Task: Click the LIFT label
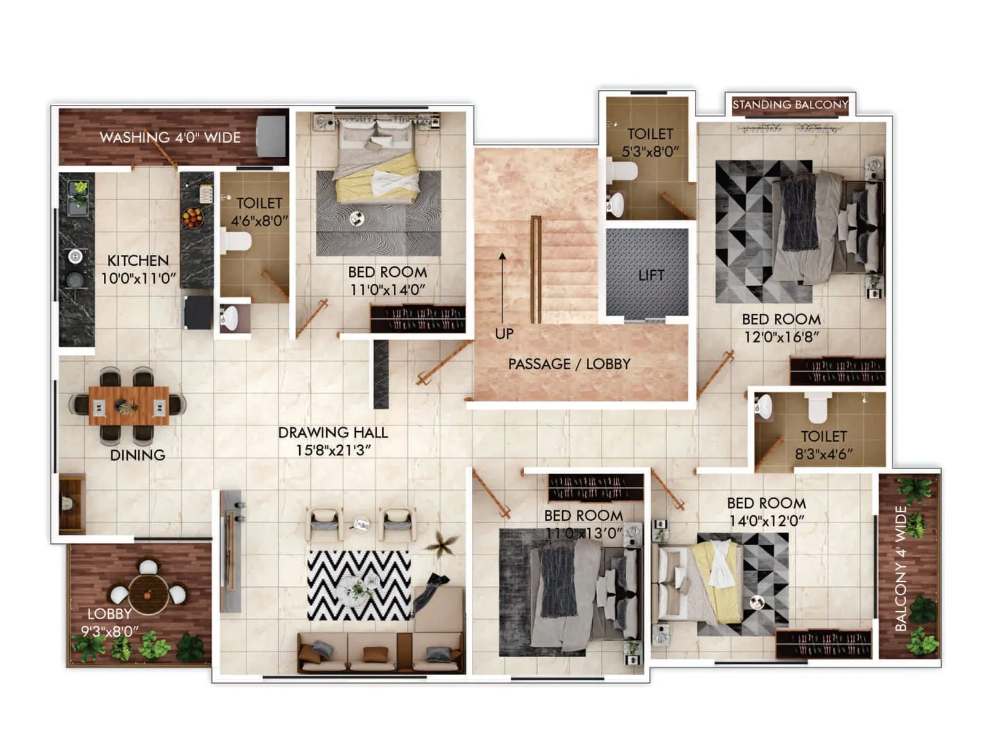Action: tap(651, 275)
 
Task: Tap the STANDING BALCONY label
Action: tap(790, 104)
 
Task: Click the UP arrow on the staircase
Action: tap(503, 289)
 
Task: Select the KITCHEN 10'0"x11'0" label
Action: tap(138, 270)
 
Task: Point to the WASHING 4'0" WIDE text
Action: tap(170, 138)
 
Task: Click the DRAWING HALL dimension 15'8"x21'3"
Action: tap(333, 450)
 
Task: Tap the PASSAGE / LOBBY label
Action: tap(569, 364)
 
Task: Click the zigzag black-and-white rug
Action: tap(359, 585)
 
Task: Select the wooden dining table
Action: tap(129, 405)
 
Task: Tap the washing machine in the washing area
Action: tap(271, 136)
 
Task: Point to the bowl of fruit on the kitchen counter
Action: tap(192, 217)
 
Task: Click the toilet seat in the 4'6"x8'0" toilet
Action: tap(237, 241)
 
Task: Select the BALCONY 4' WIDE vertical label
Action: tap(901, 569)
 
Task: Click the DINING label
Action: tap(138, 455)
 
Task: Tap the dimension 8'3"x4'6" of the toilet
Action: tap(824, 454)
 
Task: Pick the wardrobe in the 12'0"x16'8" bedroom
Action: tap(837, 371)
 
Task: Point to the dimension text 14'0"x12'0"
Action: tap(767, 521)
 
